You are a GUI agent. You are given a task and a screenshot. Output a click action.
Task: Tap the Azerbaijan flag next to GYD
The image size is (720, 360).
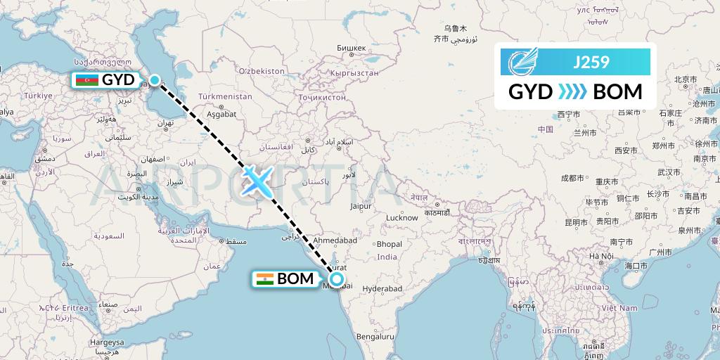point(87,80)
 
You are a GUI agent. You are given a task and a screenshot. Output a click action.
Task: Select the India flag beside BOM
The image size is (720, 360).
point(264,278)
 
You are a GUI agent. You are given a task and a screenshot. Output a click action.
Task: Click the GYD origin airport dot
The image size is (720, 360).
point(155,80)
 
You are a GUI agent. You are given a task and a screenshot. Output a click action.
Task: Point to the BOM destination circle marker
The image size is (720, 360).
point(336,279)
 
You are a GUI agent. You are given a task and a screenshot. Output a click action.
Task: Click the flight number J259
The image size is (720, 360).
point(591,62)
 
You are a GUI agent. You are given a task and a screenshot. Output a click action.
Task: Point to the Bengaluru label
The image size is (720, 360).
point(373,337)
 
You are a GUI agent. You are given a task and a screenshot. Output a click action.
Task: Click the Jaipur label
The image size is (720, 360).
point(361,207)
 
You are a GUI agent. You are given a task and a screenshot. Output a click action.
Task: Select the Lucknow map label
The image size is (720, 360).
point(402,218)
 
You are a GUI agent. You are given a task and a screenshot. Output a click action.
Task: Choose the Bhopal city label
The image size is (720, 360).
point(389,244)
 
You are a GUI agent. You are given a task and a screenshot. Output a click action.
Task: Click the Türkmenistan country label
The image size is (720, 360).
point(225,96)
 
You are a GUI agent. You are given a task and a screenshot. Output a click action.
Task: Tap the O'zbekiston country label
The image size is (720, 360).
point(261,72)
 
